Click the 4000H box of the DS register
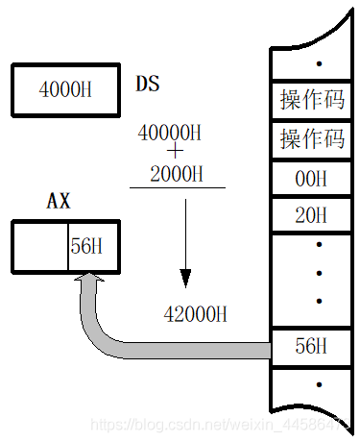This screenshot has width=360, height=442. tap(65, 89)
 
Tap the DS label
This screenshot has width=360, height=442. tap(147, 84)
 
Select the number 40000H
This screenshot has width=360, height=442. tap(169, 131)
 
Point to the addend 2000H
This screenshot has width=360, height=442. tap(177, 173)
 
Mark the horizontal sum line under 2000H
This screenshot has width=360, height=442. tap(178, 187)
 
